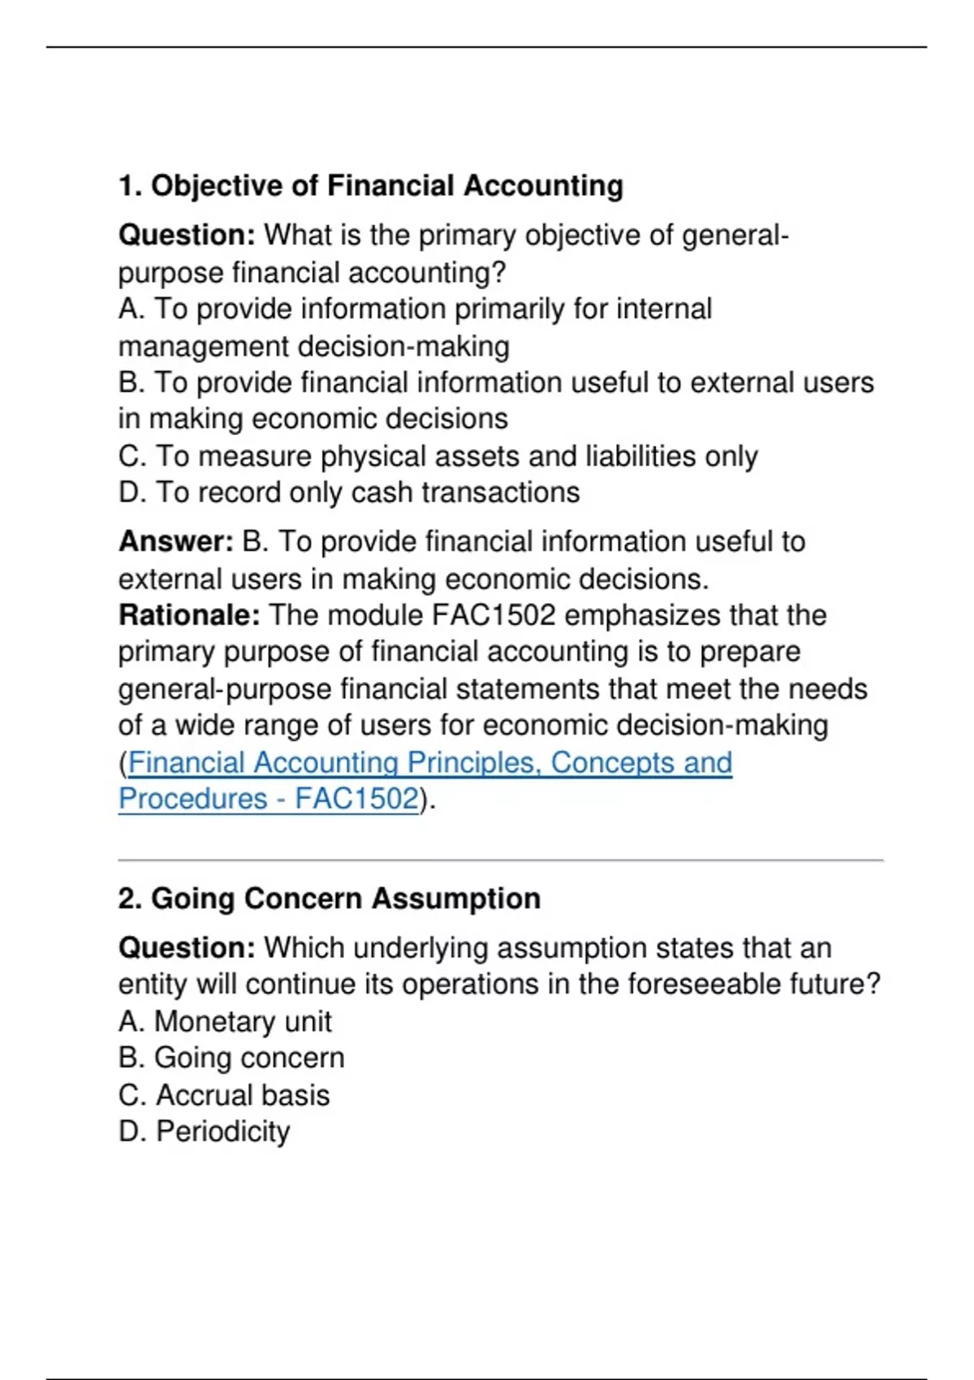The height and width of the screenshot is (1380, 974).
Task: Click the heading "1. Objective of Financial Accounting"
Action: click(371, 186)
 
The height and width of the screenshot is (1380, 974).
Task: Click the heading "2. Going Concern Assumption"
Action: click(330, 899)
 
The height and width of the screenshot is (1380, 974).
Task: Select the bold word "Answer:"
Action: click(176, 541)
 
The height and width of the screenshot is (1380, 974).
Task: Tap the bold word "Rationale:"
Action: click(189, 615)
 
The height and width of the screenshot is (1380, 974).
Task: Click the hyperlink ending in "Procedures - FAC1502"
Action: click(269, 799)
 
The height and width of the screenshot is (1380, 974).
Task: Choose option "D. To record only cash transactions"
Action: click(349, 493)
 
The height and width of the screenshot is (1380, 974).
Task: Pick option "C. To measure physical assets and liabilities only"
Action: click(438, 456)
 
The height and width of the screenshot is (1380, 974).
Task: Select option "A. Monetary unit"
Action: click(225, 1021)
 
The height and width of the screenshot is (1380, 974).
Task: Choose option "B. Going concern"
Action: click(231, 1058)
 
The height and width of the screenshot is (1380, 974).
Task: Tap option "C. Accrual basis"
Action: click(224, 1095)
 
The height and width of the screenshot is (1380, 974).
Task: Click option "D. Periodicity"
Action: click(204, 1132)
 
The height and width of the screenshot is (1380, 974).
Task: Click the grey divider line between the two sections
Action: click(501, 860)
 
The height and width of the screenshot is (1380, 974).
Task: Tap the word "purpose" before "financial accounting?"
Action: click(171, 274)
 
